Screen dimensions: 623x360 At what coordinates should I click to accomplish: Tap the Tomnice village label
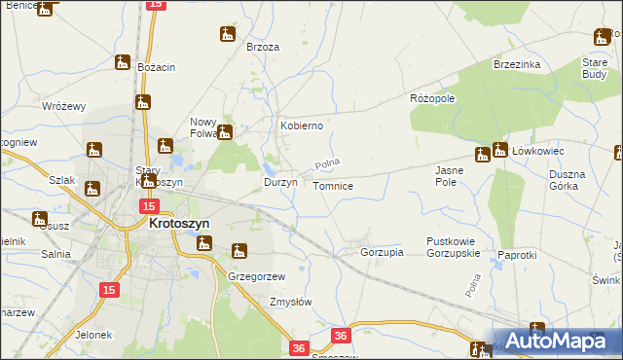(x=333, y=185)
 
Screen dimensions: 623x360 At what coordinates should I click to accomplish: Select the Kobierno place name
(x=302, y=126)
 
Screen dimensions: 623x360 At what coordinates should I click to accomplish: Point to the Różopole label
(x=433, y=99)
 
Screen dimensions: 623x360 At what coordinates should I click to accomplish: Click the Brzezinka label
(x=517, y=64)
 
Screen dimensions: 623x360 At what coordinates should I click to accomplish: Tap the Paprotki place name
(x=517, y=254)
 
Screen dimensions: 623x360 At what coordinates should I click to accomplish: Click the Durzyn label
(x=281, y=182)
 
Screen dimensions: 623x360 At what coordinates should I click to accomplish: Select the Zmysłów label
(x=290, y=302)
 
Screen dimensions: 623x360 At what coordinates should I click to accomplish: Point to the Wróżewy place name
(x=65, y=106)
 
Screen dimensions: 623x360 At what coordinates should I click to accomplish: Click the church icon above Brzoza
(x=228, y=34)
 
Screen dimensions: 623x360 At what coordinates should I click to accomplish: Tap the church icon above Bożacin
(x=123, y=62)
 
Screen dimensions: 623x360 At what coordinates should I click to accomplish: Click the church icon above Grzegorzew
(x=239, y=251)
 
